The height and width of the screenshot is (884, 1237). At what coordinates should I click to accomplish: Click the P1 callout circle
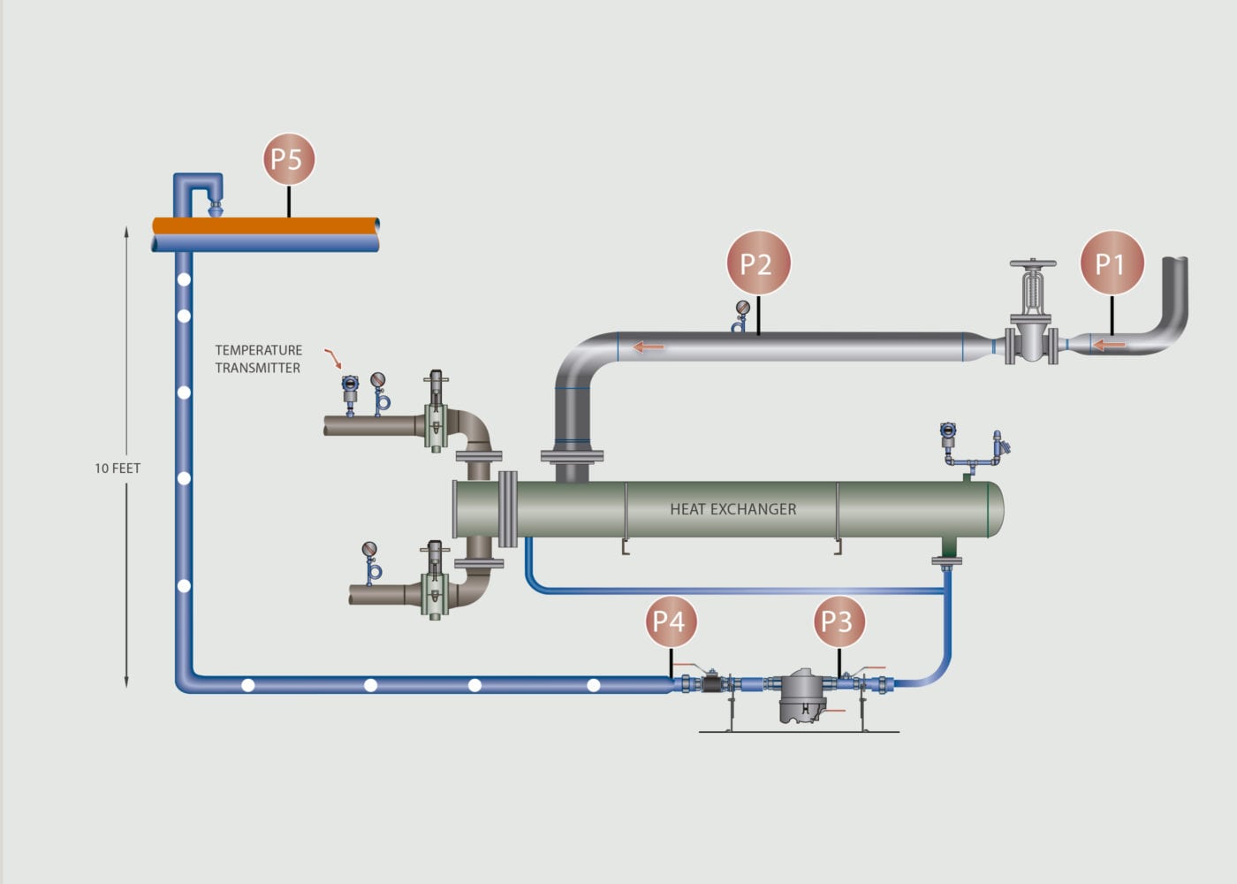click(1112, 263)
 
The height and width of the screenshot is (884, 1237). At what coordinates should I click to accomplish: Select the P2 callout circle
click(757, 263)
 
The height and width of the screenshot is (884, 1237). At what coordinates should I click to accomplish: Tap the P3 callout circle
click(838, 621)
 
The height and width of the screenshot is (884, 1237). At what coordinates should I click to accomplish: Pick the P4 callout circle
click(671, 621)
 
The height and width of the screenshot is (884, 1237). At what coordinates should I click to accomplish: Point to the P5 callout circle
click(288, 159)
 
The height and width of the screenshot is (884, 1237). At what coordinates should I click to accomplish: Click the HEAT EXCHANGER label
click(732, 509)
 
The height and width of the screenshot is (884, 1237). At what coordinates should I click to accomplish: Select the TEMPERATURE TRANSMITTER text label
click(258, 359)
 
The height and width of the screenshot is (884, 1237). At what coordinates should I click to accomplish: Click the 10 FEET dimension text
click(118, 469)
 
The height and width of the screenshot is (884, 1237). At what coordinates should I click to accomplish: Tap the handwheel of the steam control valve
click(1033, 264)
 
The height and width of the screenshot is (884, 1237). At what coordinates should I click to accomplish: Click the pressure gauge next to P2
click(741, 309)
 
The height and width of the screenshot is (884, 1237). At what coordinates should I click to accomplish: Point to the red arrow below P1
click(1109, 345)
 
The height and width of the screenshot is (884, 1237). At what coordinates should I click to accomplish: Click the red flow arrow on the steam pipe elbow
click(648, 347)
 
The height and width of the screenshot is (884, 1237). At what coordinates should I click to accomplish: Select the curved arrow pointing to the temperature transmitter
click(333, 358)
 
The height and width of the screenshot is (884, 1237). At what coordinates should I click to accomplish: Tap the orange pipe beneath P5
click(265, 225)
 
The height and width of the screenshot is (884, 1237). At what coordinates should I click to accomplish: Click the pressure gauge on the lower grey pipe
click(369, 551)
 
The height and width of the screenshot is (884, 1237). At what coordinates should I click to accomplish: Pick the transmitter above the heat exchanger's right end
click(948, 432)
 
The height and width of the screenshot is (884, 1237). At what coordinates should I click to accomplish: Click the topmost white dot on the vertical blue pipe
click(184, 280)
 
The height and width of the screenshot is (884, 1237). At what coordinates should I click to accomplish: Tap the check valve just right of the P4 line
click(712, 682)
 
